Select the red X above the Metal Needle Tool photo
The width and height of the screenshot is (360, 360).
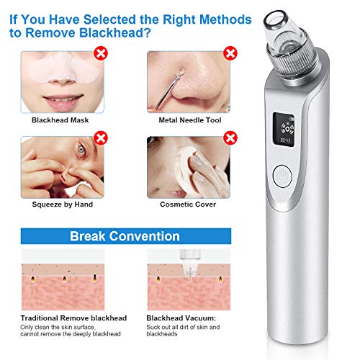231,53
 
